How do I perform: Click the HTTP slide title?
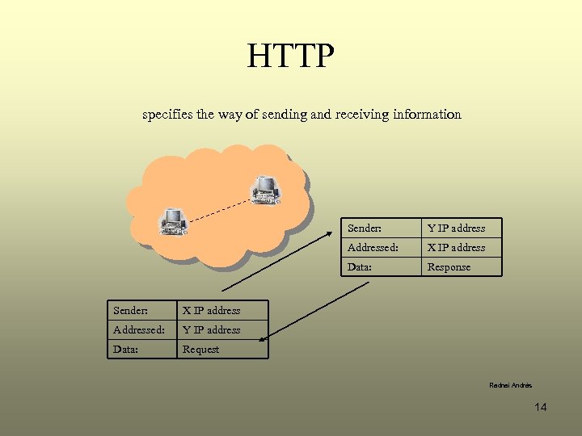[x=290, y=56]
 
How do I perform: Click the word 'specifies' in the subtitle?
[x=166, y=115]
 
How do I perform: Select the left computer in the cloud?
[x=173, y=220]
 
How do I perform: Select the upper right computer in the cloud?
[x=265, y=189]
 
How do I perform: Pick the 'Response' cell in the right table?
[x=449, y=267]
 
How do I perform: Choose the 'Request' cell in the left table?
[x=200, y=350]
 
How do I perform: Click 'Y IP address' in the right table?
[x=456, y=228]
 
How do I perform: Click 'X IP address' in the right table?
[x=456, y=248]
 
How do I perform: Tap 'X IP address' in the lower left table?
[x=211, y=311]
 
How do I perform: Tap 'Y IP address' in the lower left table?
[x=211, y=330]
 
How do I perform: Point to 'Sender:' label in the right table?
[x=365, y=228]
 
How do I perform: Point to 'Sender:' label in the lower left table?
[x=131, y=311]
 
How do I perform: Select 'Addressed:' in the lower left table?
[x=139, y=330]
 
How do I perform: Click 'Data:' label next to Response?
[x=360, y=267]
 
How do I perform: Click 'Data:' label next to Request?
[x=125, y=350]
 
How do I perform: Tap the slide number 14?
[x=541, y=407]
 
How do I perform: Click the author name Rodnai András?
[x=511, y=386]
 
